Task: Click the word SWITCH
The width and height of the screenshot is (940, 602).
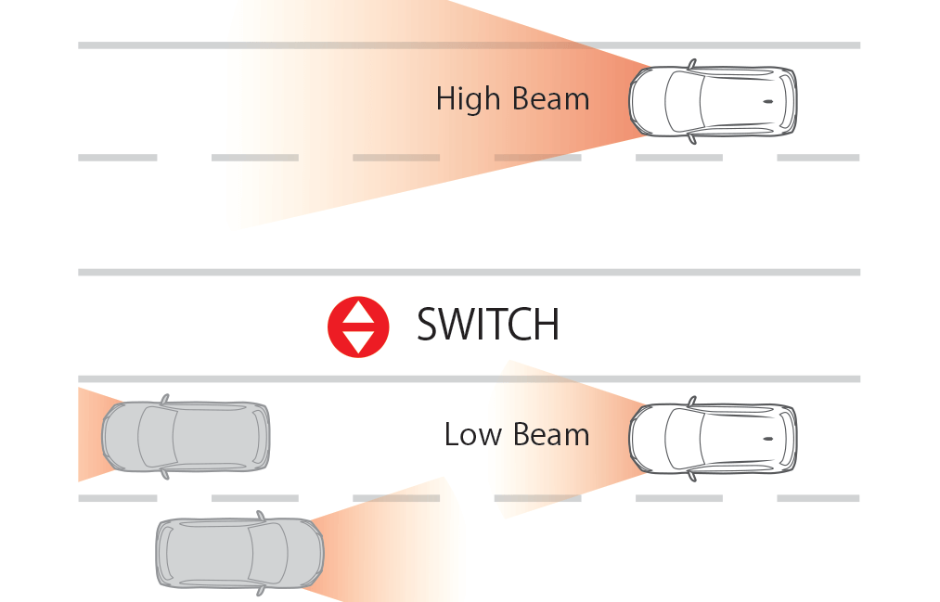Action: (x=487, y=325)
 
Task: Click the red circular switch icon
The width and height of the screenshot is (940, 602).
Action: (x=358, y=327)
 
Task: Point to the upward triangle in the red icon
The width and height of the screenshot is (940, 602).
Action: (x=358, y=313)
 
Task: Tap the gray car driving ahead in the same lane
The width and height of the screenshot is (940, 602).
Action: (x=186, y=437)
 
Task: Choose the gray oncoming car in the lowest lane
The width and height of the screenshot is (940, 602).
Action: (x=239, y=554)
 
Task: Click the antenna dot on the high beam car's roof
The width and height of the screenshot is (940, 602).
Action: (x=767, y=101)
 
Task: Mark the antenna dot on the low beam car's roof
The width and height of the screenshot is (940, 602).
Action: (x=767, y=438)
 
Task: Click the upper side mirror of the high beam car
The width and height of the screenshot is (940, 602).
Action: (x=691, y=64)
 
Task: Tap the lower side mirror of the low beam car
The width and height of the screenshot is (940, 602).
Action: (x=691, y=476)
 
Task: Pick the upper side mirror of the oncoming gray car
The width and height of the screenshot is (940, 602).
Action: (x=261, y=515)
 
